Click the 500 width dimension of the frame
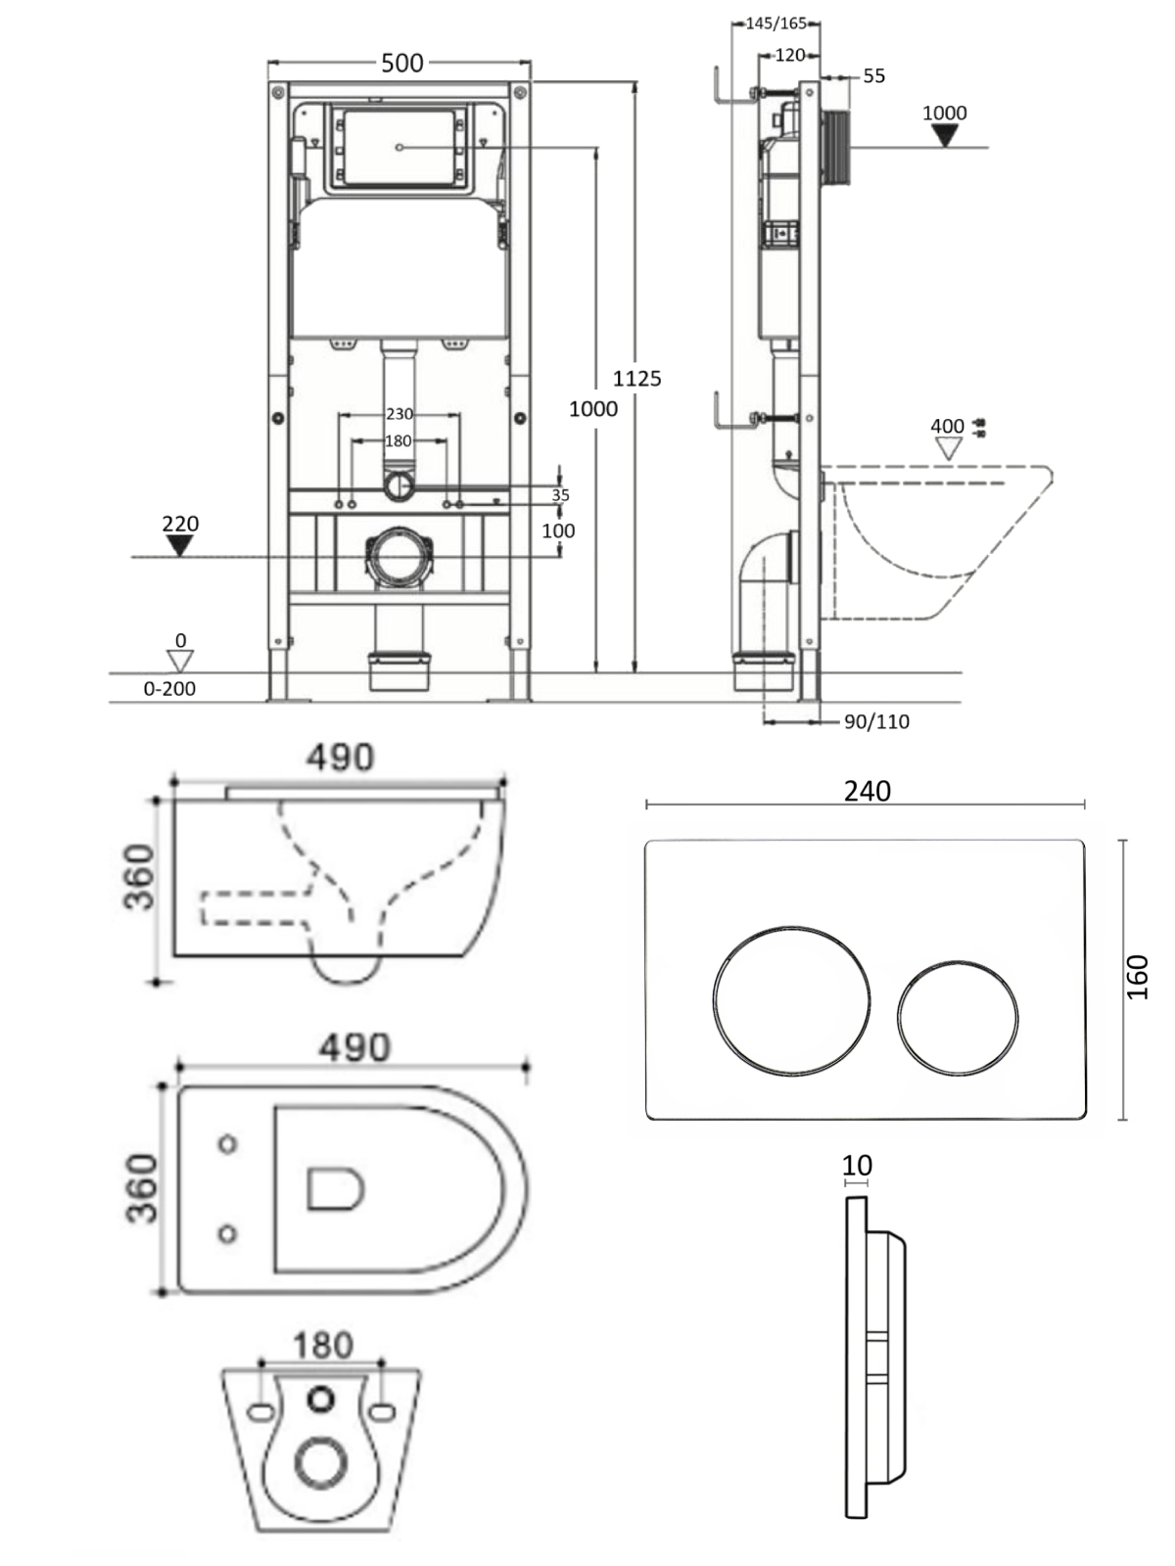pos(401,64)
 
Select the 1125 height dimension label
pos(637,378)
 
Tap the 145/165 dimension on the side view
pos(775,23)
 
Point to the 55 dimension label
pos(873,76)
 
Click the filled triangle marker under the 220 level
pos(179,545)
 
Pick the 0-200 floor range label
pos(169,689)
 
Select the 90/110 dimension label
pos(876,722)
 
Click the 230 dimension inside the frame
pos(399,414)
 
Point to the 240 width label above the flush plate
pos(867,791)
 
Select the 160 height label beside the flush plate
pos(1137,977)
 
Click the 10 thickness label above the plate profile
pos(857,1166)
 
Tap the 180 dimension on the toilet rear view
pos(322,1345)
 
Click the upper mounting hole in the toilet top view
pos(227,1143)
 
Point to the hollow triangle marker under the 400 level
pos(947,448)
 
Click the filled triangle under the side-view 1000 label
pos(944,136)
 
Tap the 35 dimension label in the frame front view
pos(560,495)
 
